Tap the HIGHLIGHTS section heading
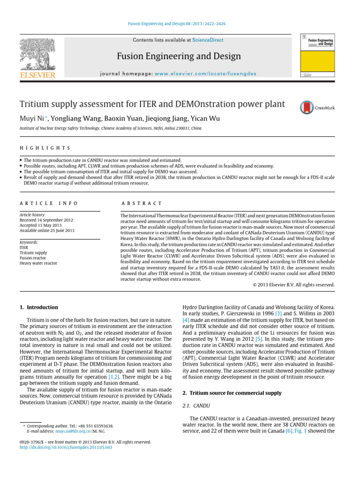point(45,148)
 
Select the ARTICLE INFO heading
point(49,203)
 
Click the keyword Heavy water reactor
point(38,263)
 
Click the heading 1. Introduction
point(39,307)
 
